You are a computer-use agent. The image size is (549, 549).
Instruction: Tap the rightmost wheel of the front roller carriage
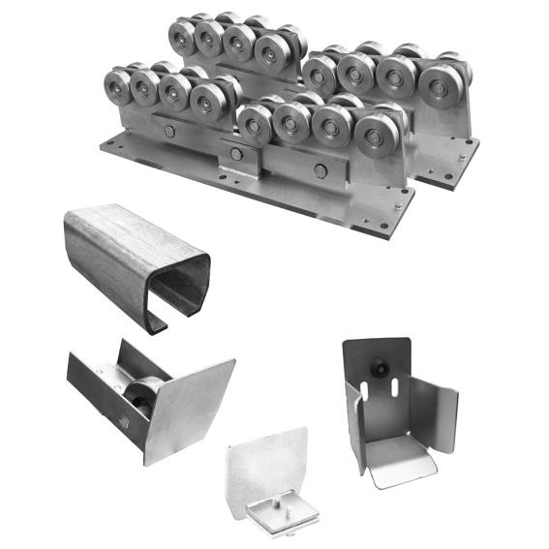tap(372, 136)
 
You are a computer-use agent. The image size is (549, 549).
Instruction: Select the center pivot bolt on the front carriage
tap(236, 154)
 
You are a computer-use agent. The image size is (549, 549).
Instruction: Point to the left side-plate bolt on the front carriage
tap(170, 132)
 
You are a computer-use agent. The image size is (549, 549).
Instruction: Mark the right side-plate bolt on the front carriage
tap(320, 170)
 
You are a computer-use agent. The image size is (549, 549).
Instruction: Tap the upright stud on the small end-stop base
tap(277, 496)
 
